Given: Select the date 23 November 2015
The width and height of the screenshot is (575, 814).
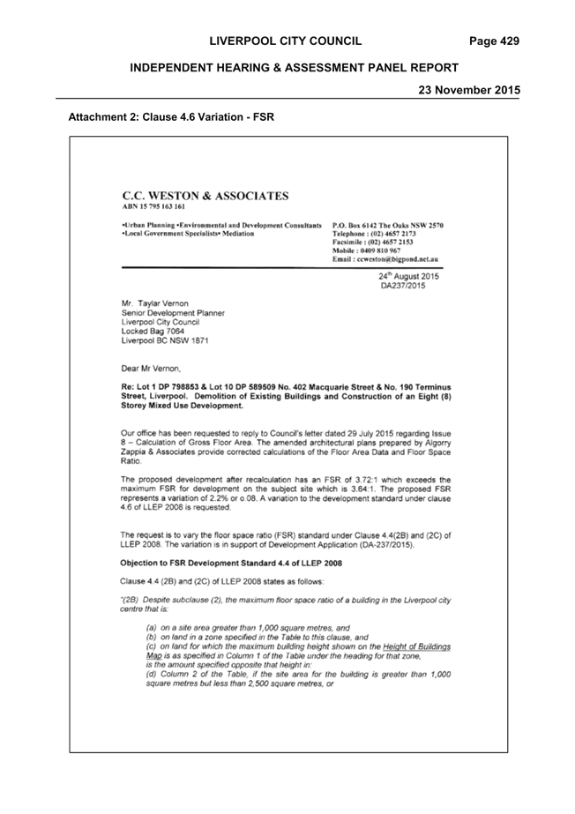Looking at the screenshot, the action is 469,90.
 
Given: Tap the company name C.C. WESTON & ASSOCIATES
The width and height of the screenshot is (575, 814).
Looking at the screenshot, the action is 205,196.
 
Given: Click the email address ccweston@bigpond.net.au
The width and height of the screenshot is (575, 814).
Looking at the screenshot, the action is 397,258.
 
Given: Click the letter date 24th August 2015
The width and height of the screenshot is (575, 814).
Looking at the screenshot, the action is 408,276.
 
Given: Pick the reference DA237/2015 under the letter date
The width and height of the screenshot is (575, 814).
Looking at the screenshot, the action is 403,286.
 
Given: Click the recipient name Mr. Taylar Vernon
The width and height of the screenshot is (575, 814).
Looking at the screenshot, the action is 154,303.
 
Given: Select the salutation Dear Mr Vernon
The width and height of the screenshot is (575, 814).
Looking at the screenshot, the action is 150,369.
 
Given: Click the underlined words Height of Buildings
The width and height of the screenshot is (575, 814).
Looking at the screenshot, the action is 417,646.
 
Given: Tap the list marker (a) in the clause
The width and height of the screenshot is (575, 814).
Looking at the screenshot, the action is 152,628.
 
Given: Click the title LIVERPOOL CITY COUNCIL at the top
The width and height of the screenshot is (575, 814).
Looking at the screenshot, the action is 286,41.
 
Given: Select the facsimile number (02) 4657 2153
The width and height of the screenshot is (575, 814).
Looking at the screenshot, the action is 391,242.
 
